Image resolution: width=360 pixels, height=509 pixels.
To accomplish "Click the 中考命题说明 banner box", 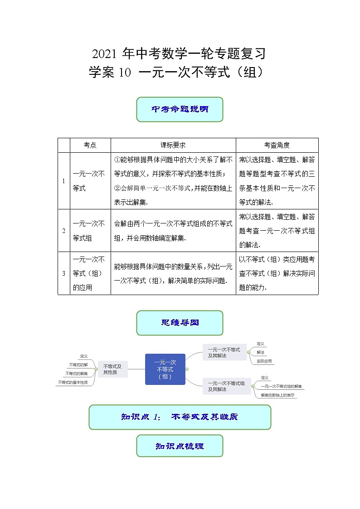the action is (180, 109).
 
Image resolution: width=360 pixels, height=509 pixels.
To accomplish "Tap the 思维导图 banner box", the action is (180, 323).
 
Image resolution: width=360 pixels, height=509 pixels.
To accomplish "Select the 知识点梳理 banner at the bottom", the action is (180, 446).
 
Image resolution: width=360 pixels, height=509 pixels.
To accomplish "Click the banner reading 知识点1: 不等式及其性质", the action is (180, 417).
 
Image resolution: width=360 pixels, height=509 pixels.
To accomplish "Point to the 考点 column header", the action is (90, 145).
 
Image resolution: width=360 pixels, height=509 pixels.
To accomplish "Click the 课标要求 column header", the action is (173, 145).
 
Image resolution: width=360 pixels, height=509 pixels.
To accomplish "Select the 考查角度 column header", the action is (277, 145).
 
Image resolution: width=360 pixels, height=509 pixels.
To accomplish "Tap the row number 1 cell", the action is (63, 181).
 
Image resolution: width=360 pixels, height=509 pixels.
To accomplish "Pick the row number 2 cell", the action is (63, 230).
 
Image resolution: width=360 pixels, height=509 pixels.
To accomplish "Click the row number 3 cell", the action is (63, 273).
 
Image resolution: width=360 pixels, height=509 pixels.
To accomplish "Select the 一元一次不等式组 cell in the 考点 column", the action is (89, 230).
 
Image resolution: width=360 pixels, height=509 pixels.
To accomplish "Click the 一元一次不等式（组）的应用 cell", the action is (89, 273).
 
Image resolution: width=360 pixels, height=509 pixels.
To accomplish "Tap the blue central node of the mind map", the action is (165, 369).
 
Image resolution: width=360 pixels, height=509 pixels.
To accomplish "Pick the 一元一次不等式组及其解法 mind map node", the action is (226, 386).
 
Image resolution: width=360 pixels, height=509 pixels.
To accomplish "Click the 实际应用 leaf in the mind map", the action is (264, 361).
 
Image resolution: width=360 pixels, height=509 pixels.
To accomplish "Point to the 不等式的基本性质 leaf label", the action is (73, 382).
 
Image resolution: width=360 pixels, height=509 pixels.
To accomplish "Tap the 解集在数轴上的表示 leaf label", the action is (277, 395).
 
